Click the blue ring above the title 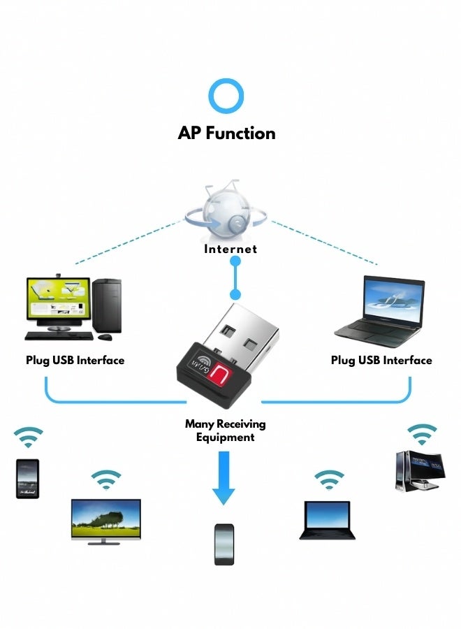[226, 96]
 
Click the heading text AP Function [226, 133]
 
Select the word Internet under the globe [230, 249]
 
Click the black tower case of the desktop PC [107, 305]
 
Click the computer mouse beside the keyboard [105, 338]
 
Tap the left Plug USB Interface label [75, 361]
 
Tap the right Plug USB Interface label [381, 361]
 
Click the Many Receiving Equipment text [225, 431]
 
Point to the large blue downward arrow [224, 478]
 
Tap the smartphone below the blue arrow [224, 544]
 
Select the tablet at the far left [27, 478]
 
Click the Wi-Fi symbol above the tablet [28, 439]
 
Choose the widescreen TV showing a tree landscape [106, 519]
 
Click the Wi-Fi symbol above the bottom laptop [328, 480]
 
